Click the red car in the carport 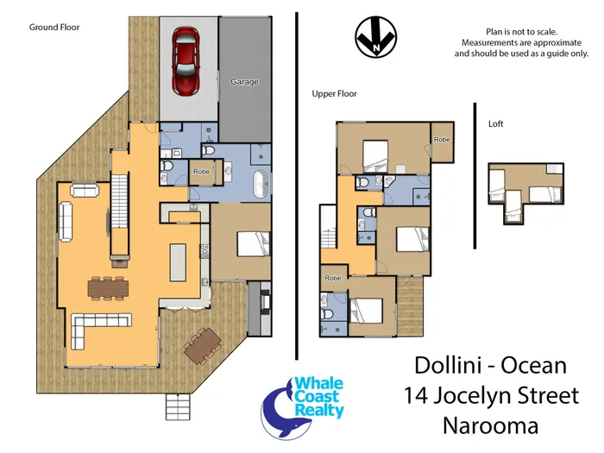tap(186, 61)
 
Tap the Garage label tap(244, 82)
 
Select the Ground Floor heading tap(54, 28)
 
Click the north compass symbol tap(375, 37)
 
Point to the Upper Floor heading tap(335, 93)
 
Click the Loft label tap(496, 123)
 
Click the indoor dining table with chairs tap(108, 288)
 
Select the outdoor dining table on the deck tap(203, 345)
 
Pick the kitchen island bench tap(179, 262)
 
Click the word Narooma tap(490, 425)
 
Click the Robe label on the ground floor tap(201, 172)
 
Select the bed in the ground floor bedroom tap(254, 244)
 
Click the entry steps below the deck tap(178, 406)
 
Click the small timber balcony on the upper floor tap(410, 305)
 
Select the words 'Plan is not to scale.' tap(521, 32)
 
